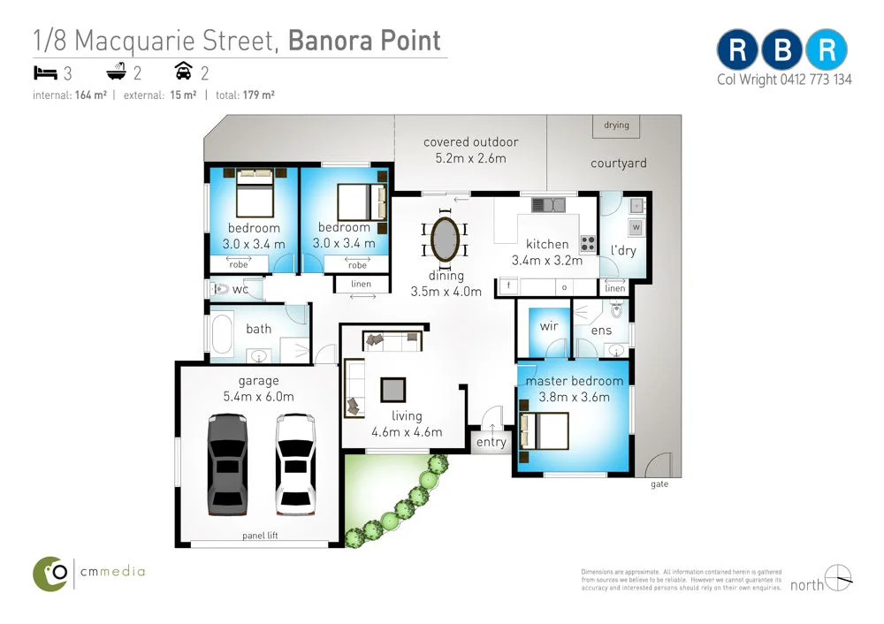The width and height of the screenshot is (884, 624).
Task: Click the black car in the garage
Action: coord(227,463)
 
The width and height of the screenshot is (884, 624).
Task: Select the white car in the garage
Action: coord(295,463)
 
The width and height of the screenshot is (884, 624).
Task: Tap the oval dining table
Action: coord(445,239)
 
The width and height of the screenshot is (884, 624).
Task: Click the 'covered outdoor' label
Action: coord(470,141)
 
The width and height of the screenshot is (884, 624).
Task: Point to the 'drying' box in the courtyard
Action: coord(617,126)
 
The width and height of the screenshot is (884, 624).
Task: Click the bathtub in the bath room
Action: coord(220,335)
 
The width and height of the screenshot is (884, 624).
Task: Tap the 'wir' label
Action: coord(548,325)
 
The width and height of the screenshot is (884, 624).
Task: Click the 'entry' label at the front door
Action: coord(491,442)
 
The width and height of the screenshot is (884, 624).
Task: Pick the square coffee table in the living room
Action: coord(393,390)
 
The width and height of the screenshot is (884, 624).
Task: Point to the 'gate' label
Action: coord(659,485)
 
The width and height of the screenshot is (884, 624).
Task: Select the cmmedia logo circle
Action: coord(52,573)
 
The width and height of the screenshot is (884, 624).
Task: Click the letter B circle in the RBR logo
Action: coord(782,50)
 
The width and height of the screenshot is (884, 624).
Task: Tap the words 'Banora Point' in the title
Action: coord(364,41)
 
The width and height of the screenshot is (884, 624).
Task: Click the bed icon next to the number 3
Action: coord(45,73)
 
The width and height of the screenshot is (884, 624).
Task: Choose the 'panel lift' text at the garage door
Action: coord(260,536)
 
